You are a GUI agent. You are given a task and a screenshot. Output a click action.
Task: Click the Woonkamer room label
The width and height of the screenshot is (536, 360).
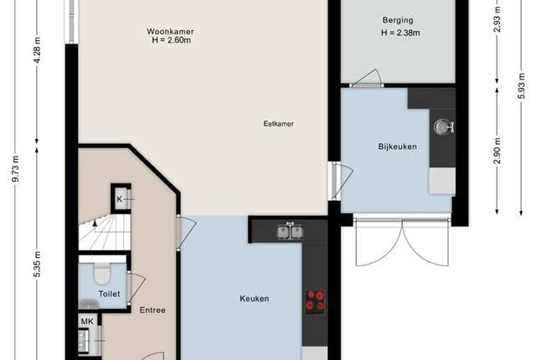[170, 32]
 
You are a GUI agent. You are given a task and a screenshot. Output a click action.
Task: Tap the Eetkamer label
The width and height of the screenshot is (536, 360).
[278, 124]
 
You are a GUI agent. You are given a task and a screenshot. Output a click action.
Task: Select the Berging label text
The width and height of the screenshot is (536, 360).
[398, 20]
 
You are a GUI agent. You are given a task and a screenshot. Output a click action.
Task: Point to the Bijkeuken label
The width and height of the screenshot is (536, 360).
[397, 147]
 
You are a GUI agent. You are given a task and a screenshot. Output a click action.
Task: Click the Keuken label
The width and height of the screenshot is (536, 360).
[255, 299]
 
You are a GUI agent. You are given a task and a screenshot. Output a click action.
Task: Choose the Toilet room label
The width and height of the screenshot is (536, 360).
[110, 294]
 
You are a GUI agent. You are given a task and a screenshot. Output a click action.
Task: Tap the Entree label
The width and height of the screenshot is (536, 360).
[152, 310]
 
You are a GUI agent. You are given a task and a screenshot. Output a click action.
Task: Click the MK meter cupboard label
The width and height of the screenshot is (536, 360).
[87, 321]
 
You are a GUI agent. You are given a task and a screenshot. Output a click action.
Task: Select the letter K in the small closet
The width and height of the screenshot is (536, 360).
[119, 198]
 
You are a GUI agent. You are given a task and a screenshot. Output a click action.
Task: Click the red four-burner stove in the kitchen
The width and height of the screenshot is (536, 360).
[315, 301]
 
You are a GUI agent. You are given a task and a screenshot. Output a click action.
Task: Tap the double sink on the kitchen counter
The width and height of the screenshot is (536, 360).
[290, 232]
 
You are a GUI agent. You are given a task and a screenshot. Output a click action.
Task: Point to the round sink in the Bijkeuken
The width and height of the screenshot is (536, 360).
[443, 126]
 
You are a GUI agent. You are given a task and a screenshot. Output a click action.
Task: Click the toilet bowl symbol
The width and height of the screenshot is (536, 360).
[102, 273]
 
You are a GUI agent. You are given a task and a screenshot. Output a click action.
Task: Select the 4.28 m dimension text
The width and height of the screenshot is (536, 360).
[37, 50]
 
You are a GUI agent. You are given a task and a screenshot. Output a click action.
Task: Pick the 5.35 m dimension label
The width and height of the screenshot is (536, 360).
[37, 265]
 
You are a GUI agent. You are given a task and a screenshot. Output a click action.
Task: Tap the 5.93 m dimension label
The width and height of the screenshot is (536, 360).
[521, 85]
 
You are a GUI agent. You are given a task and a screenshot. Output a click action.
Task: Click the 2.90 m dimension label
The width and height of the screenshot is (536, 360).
[497, 151]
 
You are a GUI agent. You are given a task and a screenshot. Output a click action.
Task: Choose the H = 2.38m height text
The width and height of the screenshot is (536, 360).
[400, 33]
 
